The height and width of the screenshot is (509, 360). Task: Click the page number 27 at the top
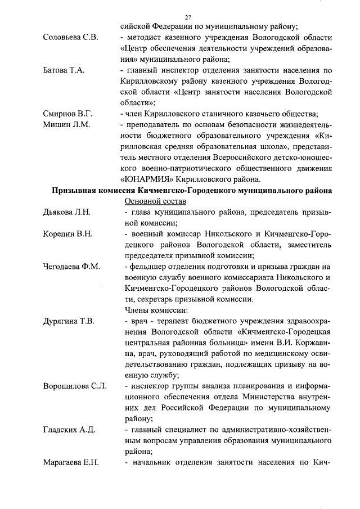[x=188, y=17]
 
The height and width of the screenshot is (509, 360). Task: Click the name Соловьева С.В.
[x=70, y=38]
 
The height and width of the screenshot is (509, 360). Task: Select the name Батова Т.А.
[x=64, y=71]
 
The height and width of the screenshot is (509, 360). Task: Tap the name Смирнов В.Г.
[x=67, y=114]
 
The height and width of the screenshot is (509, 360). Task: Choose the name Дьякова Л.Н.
[x=66, y=212]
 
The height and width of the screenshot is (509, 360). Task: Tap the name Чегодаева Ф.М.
[x=71, y=267]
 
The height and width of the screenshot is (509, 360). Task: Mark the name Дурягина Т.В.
[x=69, y=321]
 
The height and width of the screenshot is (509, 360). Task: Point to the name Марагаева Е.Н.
[x=71, y=463]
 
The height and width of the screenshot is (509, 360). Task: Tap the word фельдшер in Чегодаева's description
[x=148, y=267]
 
